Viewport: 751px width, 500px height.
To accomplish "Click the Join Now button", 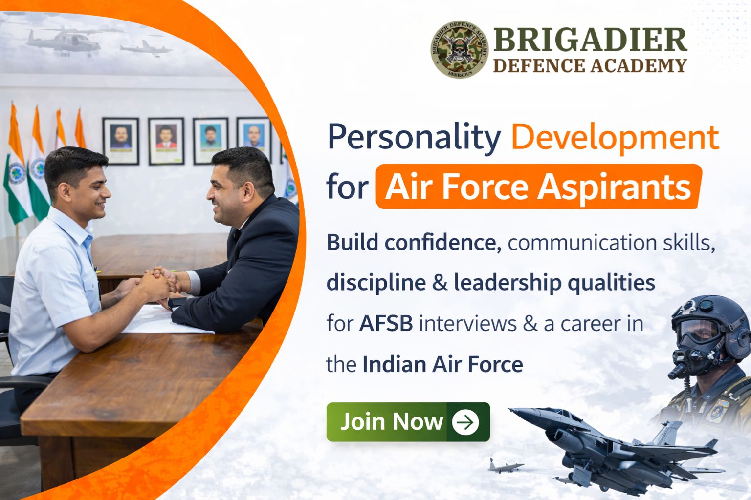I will [408, 422].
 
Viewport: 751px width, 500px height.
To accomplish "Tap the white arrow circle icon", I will [465, 422].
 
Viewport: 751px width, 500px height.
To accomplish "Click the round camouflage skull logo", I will [459, 49].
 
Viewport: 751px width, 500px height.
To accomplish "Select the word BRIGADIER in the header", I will [590, 40].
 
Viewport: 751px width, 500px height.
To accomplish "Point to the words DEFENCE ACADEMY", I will [590, 66].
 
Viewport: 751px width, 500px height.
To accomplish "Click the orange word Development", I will [615, 138].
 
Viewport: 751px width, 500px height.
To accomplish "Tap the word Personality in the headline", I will [414, 138].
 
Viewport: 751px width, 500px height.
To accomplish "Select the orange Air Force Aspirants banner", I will [538, 187].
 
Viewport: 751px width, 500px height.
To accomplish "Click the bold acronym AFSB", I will [386, 324].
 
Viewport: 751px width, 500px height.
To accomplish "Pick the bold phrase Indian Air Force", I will [442, 365].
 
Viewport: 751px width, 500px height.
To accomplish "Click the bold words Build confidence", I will [414, 243].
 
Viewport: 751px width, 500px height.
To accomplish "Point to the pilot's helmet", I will [709, 313].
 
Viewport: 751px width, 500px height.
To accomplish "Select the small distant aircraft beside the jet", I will [505, 467].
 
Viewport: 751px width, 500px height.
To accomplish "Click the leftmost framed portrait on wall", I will [121, 141].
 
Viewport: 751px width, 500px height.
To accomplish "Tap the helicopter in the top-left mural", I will [64, 41].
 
